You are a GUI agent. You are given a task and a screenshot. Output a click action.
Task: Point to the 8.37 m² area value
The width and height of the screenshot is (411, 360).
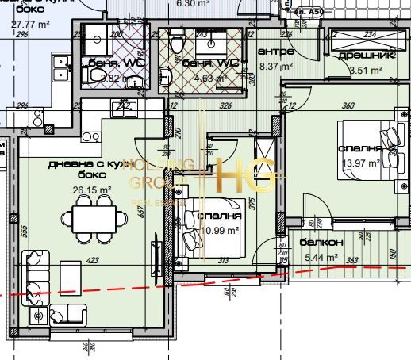277,67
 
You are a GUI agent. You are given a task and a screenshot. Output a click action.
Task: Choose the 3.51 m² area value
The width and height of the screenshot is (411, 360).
367,71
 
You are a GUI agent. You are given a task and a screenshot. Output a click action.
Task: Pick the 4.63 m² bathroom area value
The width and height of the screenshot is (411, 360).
212,78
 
